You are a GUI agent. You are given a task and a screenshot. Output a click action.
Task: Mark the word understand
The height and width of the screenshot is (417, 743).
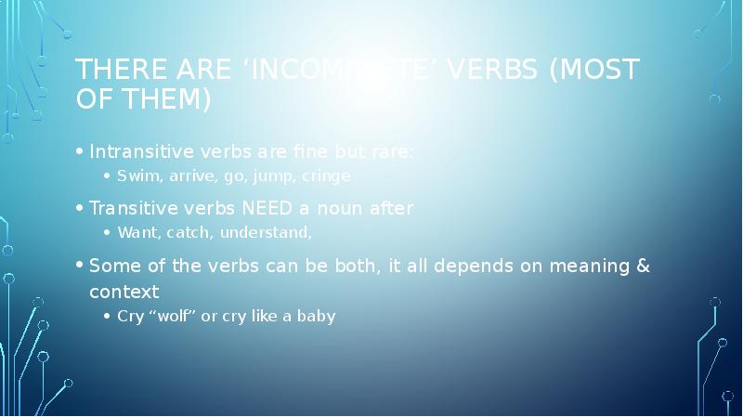click(266, 232)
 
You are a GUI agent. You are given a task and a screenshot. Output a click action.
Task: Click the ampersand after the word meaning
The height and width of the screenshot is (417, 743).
click(643, 267)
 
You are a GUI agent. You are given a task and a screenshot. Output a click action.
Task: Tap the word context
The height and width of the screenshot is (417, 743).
click(124, 292)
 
